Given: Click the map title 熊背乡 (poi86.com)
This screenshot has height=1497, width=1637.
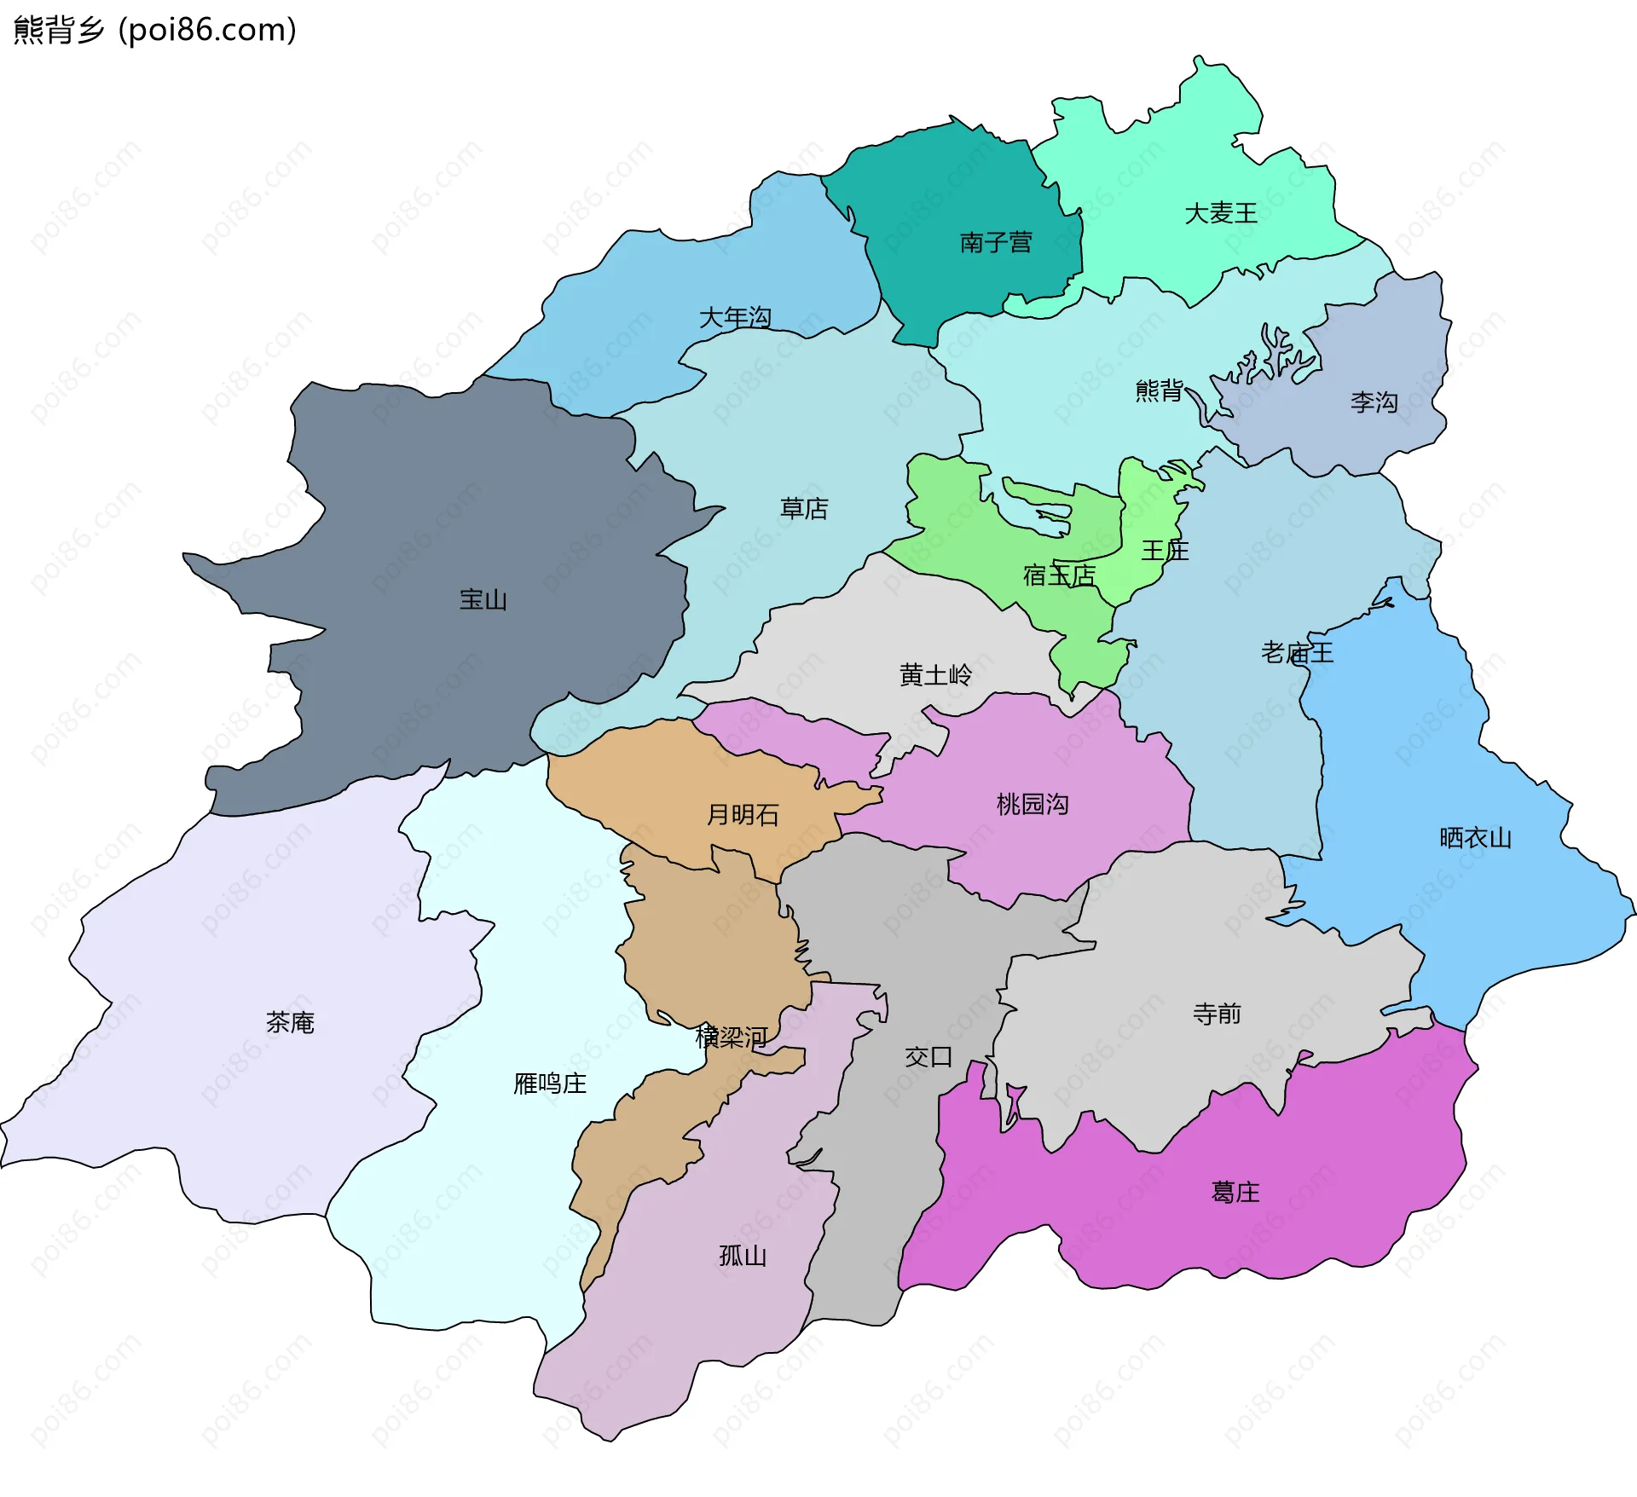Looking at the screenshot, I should pyautogui.click(x=155, y=30).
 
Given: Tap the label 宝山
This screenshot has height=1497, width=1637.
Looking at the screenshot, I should pyautogui.click(x=483, y=600).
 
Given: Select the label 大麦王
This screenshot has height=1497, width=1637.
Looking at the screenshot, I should pyautogui.click(x=1221, y=213).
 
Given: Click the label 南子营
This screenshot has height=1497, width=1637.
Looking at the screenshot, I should pyautogui.click(x=996, y=243).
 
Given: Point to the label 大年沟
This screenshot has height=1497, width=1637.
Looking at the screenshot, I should pyautogui.click(x=735, y=318).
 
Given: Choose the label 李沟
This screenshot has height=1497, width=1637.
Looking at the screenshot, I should pyautogui.click(x=1374, y=402).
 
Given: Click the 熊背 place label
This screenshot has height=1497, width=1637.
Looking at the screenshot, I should pyautogui.click(x=1160, y=390).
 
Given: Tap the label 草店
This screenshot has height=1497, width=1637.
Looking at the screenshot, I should pyautogui.click(x=804, y=509).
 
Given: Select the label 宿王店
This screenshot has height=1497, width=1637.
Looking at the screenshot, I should pyautogui.click(x=1059, y=575).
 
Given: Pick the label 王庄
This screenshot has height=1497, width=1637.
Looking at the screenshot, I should pyautogui.click(x=1165, y=551).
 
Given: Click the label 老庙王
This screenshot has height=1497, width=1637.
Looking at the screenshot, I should pyautogui.click(x=1297, y=653).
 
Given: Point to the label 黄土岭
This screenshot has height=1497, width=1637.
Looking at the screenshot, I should pyautogui.click(x=935, y=675).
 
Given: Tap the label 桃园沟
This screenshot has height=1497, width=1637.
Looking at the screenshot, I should pyautogui.click(x=1033, y=804).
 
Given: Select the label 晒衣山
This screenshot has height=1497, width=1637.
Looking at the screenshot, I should pyautogui.click(x=1475, y=838).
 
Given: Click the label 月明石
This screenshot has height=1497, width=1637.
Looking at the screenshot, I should pyautogui.click(x=743, y=815).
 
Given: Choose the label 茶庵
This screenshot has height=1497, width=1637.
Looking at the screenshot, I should pyautogui.click(x=290, y=1022).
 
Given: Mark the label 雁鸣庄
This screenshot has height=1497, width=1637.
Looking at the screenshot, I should pyautogui.click(x=550, y=1084).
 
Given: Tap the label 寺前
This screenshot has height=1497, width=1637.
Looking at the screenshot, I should pyautogui.click(x=1217, y=1014).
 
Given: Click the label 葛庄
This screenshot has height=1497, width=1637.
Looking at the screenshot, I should pyautogui.click(x=1235, y=1192).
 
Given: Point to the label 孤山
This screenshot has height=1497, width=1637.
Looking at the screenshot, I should pyautogui.click(x=743, y=1256).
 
